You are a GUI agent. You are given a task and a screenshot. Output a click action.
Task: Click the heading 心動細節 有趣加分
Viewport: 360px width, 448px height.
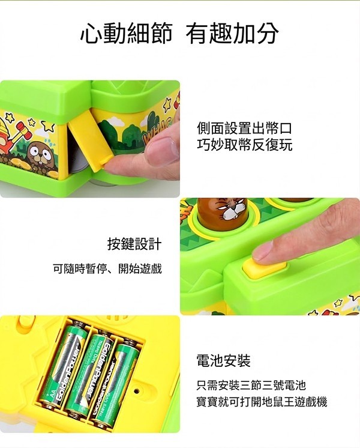coord(179,33)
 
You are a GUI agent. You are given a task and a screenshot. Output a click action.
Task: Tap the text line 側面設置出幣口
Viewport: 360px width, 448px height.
coord(244,129)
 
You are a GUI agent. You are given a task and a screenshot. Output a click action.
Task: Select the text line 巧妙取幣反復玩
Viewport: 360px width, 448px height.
coord(244,144)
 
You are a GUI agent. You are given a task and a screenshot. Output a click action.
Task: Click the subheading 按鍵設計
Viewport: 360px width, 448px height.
coord(134,244)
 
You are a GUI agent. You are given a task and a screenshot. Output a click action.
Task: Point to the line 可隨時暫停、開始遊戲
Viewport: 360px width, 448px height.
coord(107,268)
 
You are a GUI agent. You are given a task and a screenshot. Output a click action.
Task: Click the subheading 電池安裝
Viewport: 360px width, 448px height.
coord(223,360)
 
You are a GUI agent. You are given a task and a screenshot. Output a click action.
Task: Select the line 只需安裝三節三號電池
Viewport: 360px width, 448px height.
coord(251,386)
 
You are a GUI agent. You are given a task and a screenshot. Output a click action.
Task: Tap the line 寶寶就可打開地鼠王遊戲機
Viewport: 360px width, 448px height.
coord(262,402)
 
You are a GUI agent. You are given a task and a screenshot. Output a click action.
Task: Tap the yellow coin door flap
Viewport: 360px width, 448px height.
coord(88,144)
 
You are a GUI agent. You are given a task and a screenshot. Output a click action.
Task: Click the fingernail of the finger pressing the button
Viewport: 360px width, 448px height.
coord(263,251)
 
